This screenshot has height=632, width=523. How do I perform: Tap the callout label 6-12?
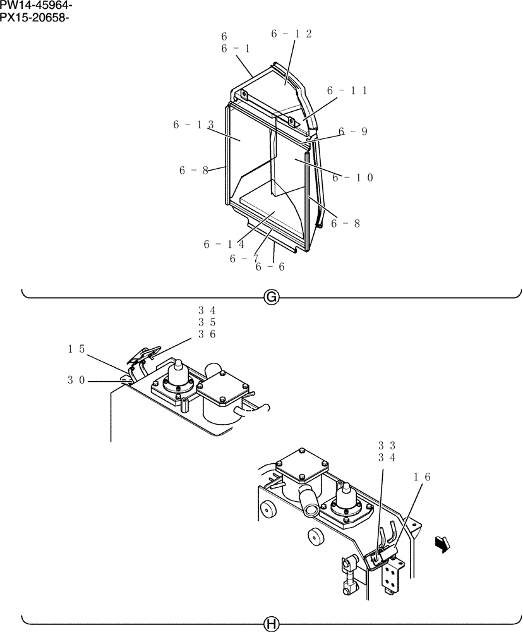pyautogui.click(x=291, y=34)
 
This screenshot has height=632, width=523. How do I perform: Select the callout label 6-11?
pyautogui.click(x=347, y=91)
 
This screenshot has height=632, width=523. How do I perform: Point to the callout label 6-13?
pyautogui.click(x=193, y=125)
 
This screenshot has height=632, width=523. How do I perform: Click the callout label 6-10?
pyautogui.click(x=352, y=178)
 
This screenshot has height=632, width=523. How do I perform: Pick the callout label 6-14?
pyautogui.click(x=224, y=244)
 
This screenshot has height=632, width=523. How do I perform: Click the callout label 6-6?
pyautogui.click(x=270, y=267)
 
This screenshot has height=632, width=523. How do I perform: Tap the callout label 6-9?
pyautogui.click(x=352, y=131)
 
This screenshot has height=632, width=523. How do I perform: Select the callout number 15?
pyautogui.click(x=76, y=348)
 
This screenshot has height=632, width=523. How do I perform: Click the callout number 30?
pyautogui.click(x=76, y=380)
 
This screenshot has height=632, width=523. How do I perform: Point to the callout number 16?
pyautogui.click(x=423, y=478)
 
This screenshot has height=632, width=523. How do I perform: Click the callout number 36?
pyautogui.click(x=207, y=334)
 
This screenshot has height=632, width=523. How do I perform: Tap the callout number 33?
pyautogui.click(x=387, y=446)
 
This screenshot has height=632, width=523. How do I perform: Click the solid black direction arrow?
pyautogui.click(x=443, y=544)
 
